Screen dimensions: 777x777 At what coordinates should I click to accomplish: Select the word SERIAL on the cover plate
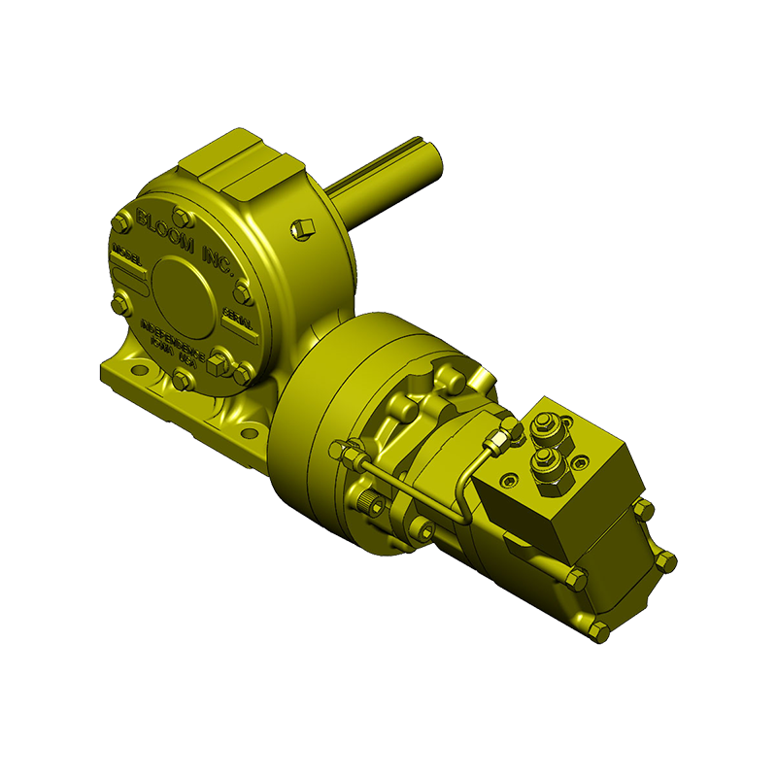click(239, 318)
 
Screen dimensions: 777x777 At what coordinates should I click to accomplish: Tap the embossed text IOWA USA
click(171, 357)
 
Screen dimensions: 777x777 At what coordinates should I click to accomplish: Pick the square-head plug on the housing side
click(301, 228)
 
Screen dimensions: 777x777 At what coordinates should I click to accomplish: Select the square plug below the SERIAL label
click(220, 356)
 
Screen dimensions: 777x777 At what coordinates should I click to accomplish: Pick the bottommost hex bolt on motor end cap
click(599, 631)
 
